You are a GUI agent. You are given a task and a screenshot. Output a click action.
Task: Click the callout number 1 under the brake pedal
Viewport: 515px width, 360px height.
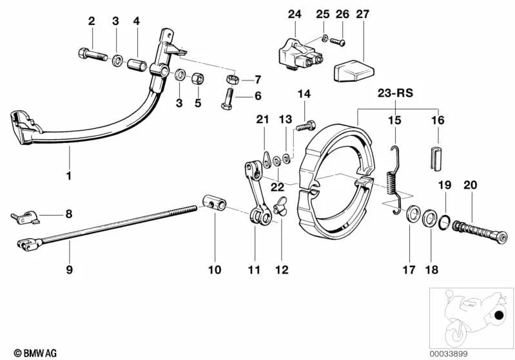tap(69, 175)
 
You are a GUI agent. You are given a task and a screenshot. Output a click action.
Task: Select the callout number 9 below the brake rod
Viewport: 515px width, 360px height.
tap(69, 270)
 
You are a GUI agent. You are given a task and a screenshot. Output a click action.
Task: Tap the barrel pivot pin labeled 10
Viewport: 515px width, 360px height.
tap(215, 204)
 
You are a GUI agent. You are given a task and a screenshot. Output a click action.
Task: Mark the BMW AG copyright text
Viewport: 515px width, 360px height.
tap(31, 353)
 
